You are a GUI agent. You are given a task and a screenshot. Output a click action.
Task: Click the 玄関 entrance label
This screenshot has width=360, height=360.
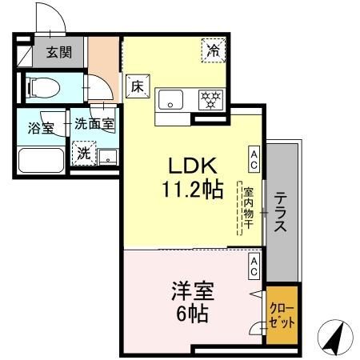[x=58, y=54]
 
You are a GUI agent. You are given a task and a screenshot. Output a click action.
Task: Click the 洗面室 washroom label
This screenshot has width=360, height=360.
[x=94, y=124]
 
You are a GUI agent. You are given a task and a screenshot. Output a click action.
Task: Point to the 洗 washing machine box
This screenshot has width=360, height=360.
[x=84, y=152]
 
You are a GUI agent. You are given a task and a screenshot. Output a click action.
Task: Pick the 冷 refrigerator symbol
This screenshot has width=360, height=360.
[x=214, y=50]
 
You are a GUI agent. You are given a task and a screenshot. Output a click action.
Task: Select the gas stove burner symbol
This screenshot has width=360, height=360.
[x=210, y=99]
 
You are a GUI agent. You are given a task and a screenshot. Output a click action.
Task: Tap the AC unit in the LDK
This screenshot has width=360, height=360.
[x=253, y=157]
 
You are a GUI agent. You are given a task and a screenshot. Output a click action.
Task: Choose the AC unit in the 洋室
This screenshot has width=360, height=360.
[x=253, y=266]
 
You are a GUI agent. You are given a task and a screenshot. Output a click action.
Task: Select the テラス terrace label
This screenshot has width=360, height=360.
[x=282, y=212]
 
